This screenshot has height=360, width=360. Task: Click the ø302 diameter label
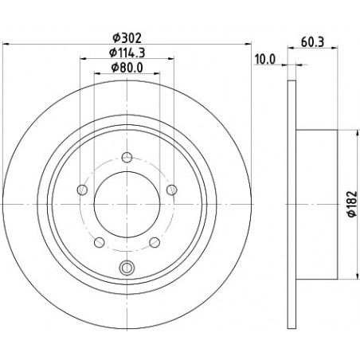point(127,38)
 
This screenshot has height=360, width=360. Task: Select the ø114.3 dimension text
point(127,53)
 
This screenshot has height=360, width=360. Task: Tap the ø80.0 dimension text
point(127,68)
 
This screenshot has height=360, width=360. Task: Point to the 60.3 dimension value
point(312,42)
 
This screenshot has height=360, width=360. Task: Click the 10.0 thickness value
point(265,60)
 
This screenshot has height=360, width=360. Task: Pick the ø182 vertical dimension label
point(353,204)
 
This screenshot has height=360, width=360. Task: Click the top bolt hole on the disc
point(127,158)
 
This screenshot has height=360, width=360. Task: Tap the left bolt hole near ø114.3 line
point(82,190)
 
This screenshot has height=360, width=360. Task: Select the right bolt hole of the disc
point(172,190)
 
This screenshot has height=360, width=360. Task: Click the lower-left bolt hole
point(100,242)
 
